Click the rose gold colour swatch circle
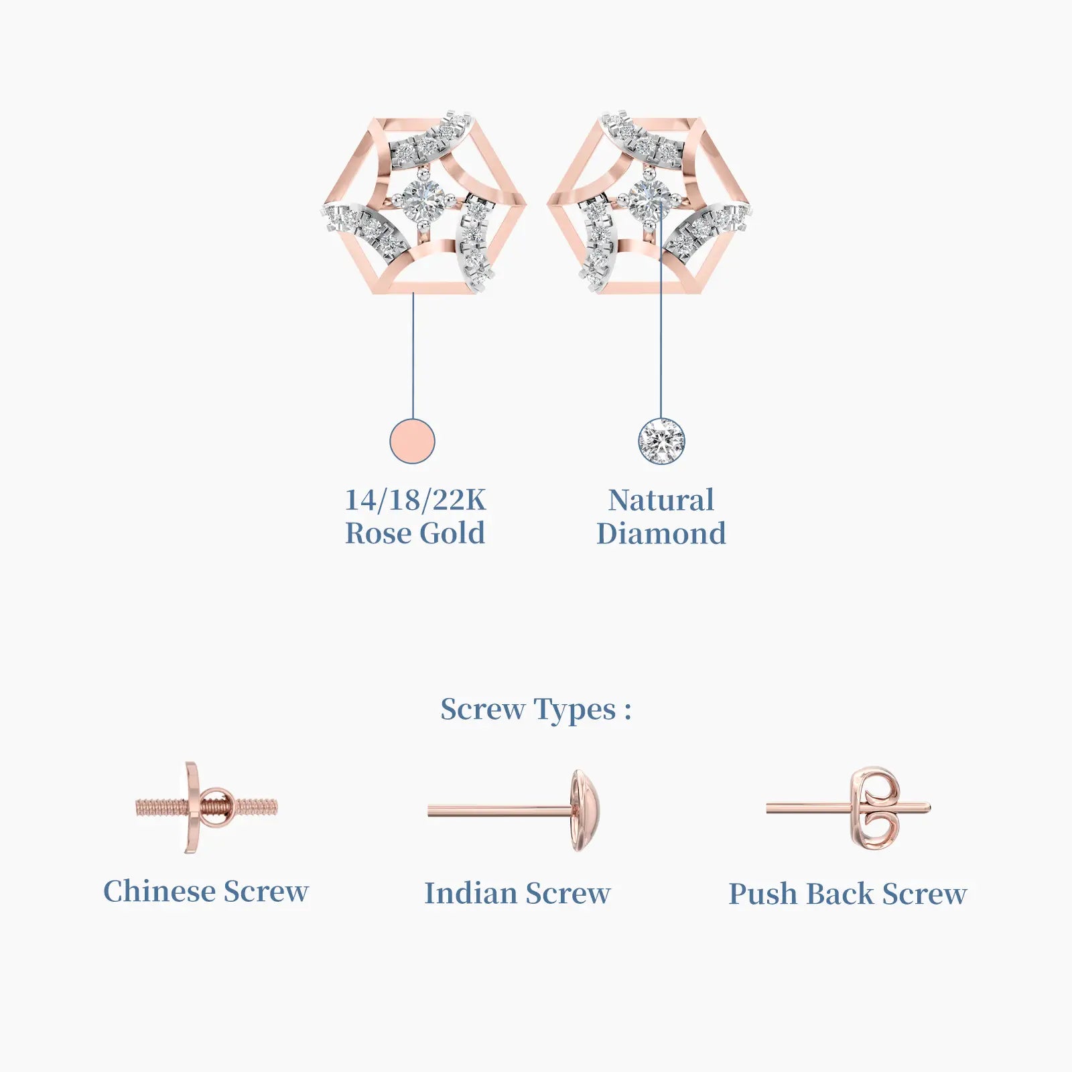tap(413, 441)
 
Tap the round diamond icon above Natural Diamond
tap(661, 441)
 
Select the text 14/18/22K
tap(415, 500)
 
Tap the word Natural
tap(661, 500)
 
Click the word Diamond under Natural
tap(661, 534)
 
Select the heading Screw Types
tap(535, 710)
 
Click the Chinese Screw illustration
tap(206, 807)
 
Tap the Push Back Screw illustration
tap(849, 809)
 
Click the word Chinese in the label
tap(159, 892)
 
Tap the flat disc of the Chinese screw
tap(191, 807)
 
